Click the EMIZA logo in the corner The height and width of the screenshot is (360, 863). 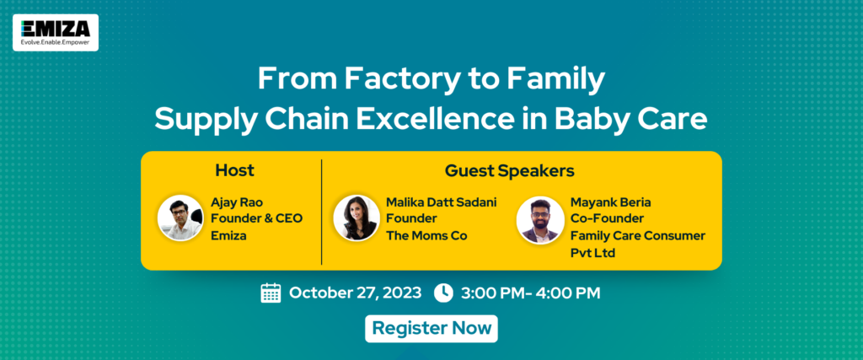pyautogui.click(x=56, y=33)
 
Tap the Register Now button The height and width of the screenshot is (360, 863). pyautogui.click(x=431, y=329)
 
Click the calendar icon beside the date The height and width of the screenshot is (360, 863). pyautogui.click(x=271, y=293)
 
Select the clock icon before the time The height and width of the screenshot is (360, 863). pyautogui.click(x=443, y=293)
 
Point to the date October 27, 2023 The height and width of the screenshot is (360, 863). pyautogui.click(x=355, y=293)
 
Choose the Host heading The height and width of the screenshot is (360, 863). pyautogui.click(x=234, y=170)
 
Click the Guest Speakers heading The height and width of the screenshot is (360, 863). pyautogui.click(x=510, y=171)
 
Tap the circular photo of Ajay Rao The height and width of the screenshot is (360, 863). pyautogui.click(x=180, y=218)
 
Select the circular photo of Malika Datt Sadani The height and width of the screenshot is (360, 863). pyautogui.click(x=356, y=218)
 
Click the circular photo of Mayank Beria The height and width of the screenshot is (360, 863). pyautogui.click(x=539, y=219)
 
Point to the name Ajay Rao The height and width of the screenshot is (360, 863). pyautogui.click(x=237, y=202)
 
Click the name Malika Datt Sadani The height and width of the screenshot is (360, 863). pyautogui.click(x=442, y=202)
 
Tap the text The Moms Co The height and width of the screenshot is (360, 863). pyautogui.click(x=426, y=236)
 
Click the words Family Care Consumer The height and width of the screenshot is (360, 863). pyautogui.click(x=638, y=236)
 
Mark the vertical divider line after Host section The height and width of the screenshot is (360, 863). pyautogui.click(x=321, y=212)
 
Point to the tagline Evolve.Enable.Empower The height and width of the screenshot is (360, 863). pyautogui.click(x=55, y=42)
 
